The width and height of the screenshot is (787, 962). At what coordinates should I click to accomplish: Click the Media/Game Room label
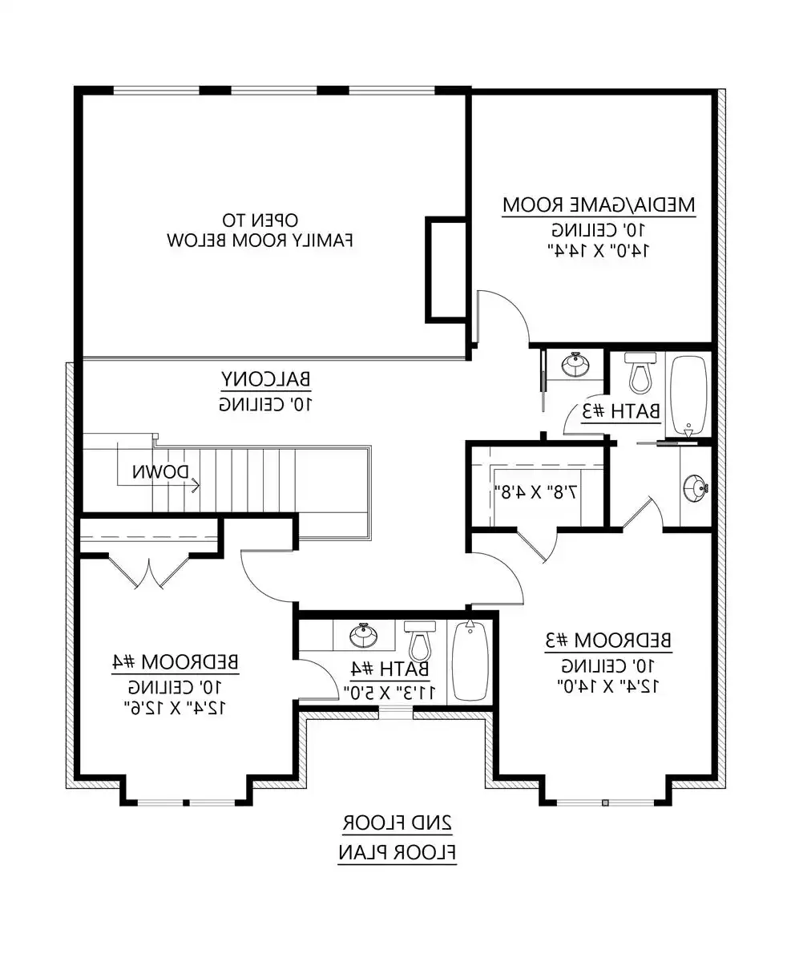click(x=599, y=205)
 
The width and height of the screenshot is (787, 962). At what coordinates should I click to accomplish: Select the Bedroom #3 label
click(x=608, y=641)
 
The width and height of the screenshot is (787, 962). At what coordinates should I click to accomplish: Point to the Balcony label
click(x=266, y=379)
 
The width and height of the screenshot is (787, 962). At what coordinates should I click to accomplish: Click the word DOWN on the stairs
click(x=160, y=472)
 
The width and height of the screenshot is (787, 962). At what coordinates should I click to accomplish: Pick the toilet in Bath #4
click(x=420, y=641)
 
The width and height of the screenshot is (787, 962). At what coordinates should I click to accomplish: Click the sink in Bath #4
click(x=364, y=635)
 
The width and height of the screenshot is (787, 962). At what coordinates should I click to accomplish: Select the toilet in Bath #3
click(x=640, y=372)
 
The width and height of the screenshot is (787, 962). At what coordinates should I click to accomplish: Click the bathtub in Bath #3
click(x=688, y=395)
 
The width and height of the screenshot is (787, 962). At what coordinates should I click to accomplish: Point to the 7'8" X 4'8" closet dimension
click(x=536, y=492)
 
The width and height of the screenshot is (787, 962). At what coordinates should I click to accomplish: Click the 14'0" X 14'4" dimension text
click(x=598, y=250)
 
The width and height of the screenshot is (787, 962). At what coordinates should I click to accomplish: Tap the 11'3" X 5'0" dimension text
click(x=389, y=693)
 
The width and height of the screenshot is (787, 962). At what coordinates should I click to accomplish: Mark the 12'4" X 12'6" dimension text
click(x=176, y=708)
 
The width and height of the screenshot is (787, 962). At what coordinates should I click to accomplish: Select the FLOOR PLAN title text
click(x=398, y=852)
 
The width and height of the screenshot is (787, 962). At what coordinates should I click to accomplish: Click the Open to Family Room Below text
click(x=260, y=230)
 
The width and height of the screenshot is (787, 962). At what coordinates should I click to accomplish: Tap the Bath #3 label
click(x=621, y=411)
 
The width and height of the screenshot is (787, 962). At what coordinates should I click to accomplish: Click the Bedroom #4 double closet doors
click(x=148, y=572)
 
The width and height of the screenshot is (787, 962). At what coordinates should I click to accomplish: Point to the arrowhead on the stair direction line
click(x=196, y=485)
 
